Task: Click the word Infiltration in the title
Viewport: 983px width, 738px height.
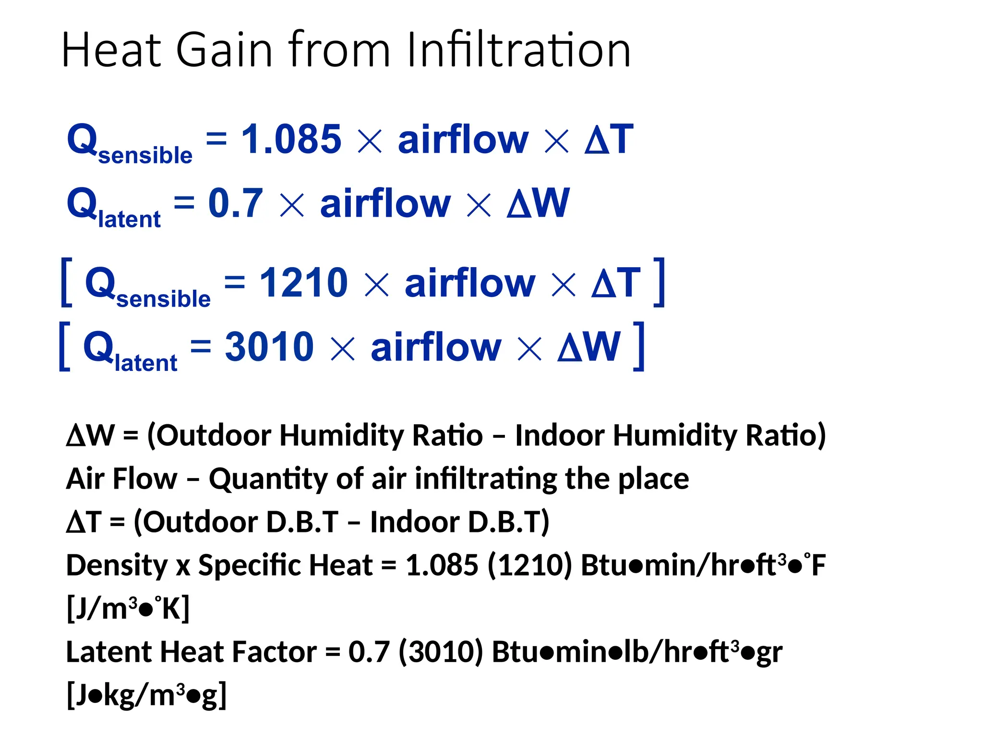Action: click(518, 50)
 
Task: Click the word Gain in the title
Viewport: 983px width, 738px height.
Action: click(224, 50)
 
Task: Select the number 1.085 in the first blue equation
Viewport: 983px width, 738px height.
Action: click(291, 139)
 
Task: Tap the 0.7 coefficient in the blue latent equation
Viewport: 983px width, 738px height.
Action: click(235, 203)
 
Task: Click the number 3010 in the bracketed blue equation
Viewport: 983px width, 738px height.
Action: click(269, 346)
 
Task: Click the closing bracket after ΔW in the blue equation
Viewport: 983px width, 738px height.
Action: click(638, 346)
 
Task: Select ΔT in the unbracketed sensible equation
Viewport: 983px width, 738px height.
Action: click(609, 139)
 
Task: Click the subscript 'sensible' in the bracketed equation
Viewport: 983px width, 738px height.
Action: click(163, 299)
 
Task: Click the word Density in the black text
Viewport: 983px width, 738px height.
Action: click(117, 566)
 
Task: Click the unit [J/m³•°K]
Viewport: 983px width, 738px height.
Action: click(128, 609)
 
